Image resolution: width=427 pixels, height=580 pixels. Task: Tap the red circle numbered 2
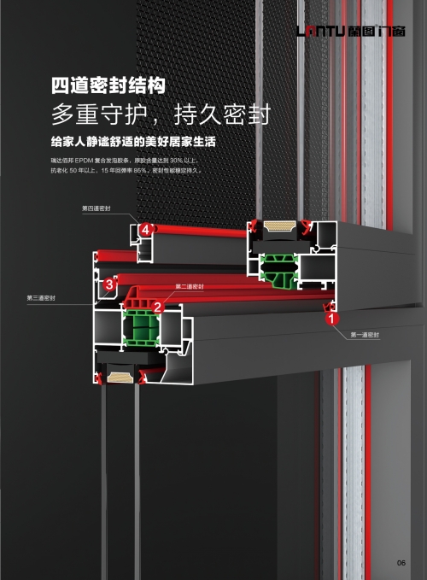pos(157,306)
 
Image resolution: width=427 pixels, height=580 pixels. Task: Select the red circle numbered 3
pos(109,284)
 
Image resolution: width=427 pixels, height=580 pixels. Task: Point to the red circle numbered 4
pos(146,229)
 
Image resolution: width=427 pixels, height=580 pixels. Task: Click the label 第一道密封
pos(365,335)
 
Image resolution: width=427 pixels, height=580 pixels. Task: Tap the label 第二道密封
pos(189,286)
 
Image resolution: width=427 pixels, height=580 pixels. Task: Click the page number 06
pos(401,561)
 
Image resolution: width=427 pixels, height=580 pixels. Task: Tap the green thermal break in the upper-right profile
pos(279,270)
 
